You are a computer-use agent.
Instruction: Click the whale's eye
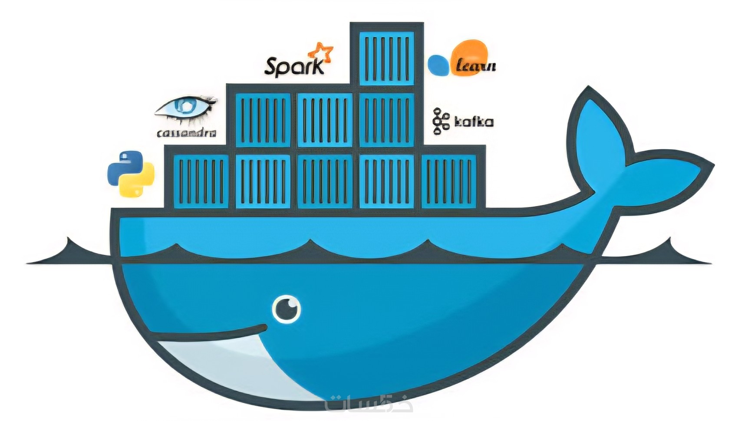tap(287, 309)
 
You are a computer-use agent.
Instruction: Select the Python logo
tap(131, 174)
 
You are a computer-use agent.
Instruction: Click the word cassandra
tap(186, 133)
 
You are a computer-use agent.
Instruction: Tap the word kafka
tap(474, 122)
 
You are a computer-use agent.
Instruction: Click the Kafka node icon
tap(440, 121)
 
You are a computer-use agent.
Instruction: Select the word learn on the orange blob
tap(476, 66)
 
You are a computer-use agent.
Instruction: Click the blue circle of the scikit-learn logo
tap(438, 65)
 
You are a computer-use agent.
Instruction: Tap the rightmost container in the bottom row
tap(448, 182)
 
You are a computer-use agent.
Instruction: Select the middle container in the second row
tap(325, 120)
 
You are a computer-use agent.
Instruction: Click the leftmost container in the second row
tap(263, 120)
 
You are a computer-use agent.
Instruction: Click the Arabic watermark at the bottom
tap(369, 404)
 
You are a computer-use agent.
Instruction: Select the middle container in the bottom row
tap(325, 182)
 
